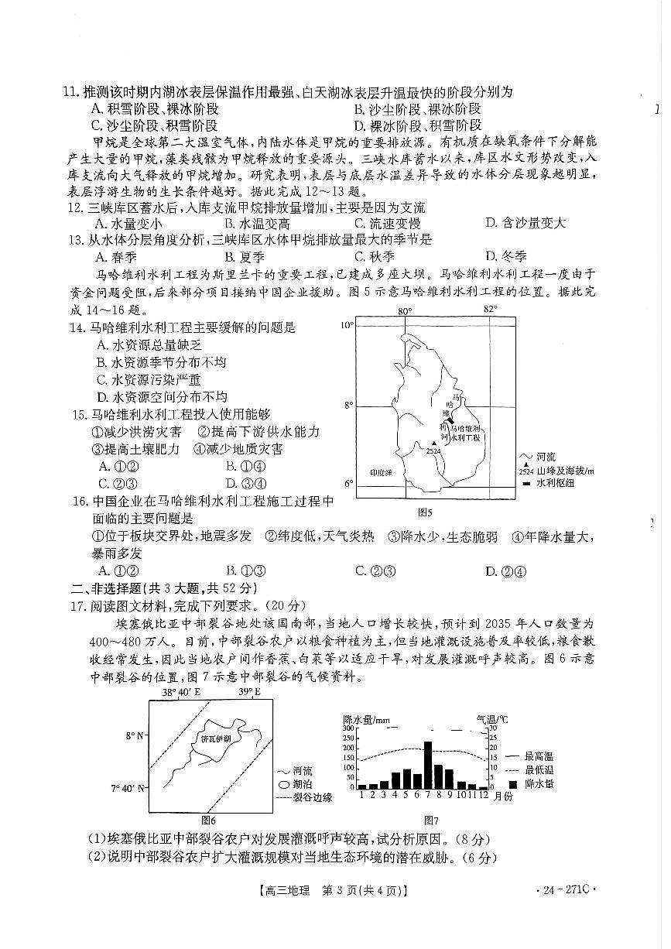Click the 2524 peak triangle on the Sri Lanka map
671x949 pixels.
coord(433,444)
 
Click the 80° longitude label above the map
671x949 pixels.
coord(404,311)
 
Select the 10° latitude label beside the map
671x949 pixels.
coord(347,325)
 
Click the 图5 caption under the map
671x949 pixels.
coord(424,512)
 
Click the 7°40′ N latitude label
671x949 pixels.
coord(128,789)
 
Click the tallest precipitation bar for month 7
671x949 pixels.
coord(427,765)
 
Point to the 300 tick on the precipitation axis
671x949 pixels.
coord(349,728)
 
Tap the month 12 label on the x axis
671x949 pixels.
coord(483,794)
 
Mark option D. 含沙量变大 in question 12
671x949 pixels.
coord(525,223)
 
